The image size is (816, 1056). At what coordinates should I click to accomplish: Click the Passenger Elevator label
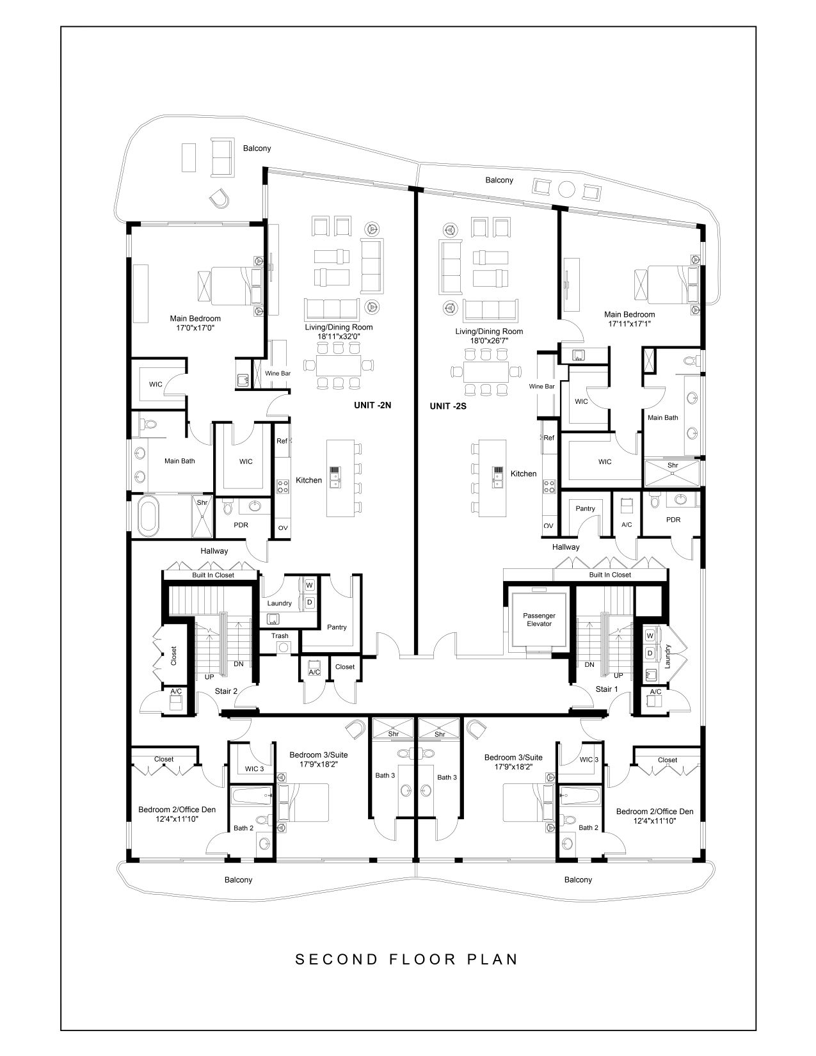[x=539, y=620]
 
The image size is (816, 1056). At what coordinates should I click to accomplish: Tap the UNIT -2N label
[x=372, y=405]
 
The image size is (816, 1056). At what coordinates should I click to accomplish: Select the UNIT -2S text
[x=447, y=406]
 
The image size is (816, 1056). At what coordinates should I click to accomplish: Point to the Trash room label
[x=280, y=636]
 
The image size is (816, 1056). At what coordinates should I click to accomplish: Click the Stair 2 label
[x=226, y=691]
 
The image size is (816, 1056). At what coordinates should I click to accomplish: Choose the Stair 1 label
[x=607, y=689]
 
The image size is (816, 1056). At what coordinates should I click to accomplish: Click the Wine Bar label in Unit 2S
[x=542, y=387]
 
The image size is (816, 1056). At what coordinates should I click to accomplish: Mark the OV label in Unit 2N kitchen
[x=283, y=528]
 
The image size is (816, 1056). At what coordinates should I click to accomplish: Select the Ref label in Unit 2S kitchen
[x=548, y=438]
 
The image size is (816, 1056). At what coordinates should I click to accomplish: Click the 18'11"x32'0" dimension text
[x=339, y=336]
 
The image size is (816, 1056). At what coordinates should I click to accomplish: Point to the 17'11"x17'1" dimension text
[x=629, y=324]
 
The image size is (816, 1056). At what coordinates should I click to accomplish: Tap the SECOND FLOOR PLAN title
[x=407, y=959]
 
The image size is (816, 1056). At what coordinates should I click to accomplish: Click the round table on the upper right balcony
[x=566, y=189]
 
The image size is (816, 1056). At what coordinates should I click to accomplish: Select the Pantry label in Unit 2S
[x=585, y=508]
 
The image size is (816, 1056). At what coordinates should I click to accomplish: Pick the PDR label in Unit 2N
[x=241, y=525]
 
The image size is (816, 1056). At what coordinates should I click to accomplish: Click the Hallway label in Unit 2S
[x=566, y=547]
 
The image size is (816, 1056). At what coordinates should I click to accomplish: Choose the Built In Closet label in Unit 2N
[x=213, y=575]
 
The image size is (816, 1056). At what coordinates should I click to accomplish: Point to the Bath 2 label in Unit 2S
[x=589, y=828]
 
